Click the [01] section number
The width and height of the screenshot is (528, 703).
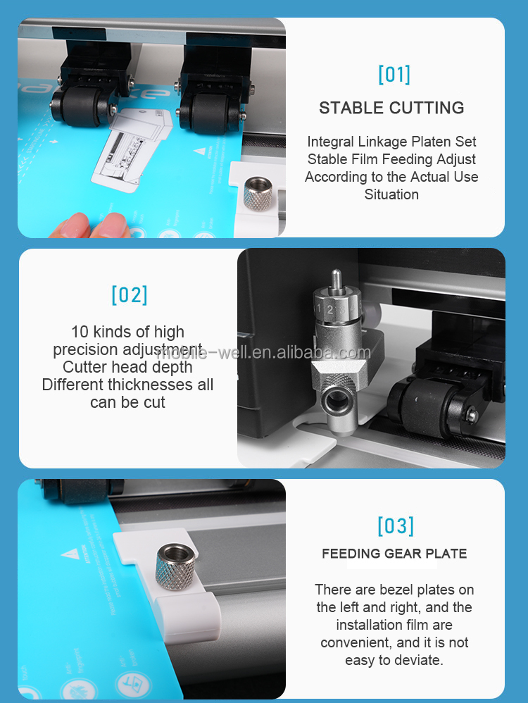tap(394, 74)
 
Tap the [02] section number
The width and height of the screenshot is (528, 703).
tap(130, 294)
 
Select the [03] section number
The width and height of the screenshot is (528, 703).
tap(395, 525)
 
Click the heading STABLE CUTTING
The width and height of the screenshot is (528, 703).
tap(391, 108)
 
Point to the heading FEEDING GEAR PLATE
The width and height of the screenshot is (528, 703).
tap(394, 554)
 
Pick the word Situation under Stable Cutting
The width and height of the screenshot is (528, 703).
tap(391, 194)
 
